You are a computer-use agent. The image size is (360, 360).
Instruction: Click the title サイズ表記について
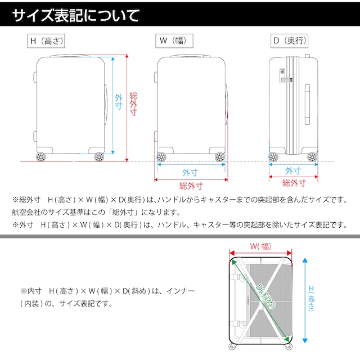tap(75, 15)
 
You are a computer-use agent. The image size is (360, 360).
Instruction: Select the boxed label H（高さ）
tap(46, 41)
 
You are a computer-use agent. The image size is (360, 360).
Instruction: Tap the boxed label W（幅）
tap(174, 41)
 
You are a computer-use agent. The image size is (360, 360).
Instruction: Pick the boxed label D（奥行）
tap(289, 41)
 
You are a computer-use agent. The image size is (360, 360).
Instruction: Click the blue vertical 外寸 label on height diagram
tap(119, 102)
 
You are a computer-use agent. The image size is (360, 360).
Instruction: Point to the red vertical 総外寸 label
tap(133, 103)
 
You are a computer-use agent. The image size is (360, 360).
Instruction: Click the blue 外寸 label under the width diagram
tap(190, 173)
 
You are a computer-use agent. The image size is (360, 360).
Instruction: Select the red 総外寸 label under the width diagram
tap(191, 186)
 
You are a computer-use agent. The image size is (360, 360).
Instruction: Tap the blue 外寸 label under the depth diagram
tap(293, 170)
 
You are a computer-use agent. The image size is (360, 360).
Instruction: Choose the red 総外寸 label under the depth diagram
tap(294, 183)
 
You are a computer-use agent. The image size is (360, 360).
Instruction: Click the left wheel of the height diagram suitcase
tap(41, 157)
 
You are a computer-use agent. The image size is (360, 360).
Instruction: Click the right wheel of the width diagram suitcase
tap(220, 157)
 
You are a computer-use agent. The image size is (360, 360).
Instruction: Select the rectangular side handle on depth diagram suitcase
tap(307, 105)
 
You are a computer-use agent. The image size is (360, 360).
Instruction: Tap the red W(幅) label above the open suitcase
tap(261, 246)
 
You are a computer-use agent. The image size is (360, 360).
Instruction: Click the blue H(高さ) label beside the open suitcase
tap(311, 298)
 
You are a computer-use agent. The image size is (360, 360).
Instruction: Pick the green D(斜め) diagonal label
tap(266, 295)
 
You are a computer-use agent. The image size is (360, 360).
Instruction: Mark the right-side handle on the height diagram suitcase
tap(106, 105)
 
